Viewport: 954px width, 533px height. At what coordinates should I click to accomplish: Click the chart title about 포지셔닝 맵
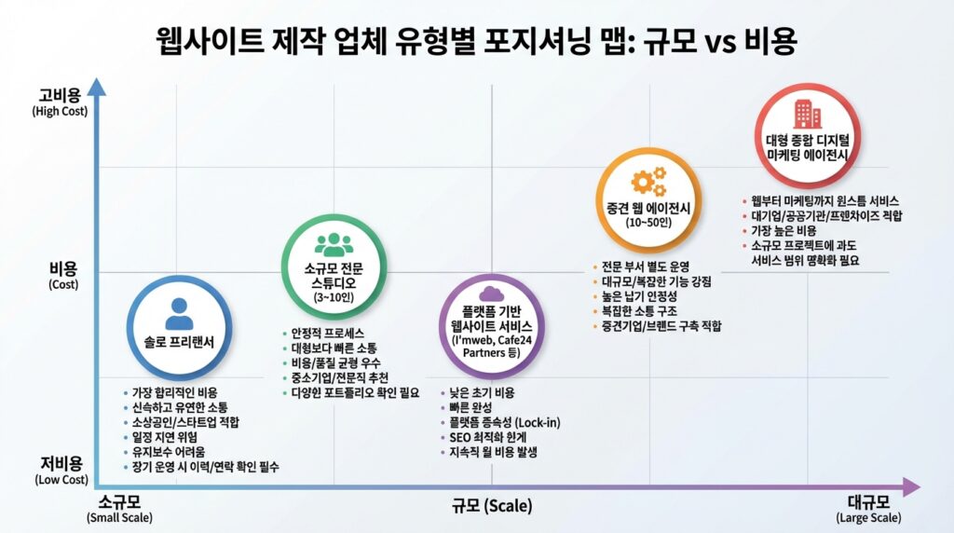point(476,41)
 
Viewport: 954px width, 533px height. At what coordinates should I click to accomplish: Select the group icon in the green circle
point(334,245)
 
